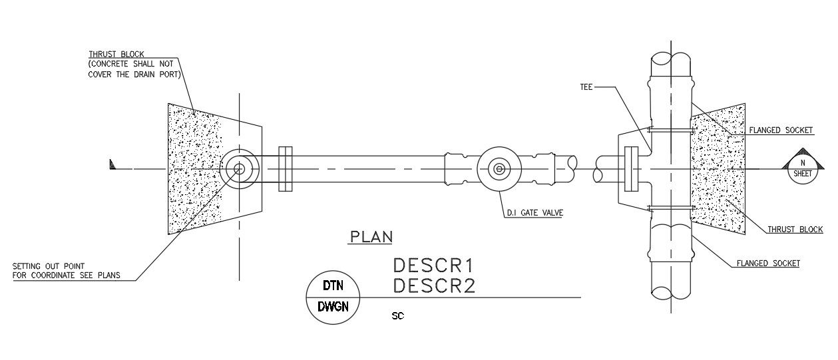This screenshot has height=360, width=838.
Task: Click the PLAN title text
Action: click(371, 237)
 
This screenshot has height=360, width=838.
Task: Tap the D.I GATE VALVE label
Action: click(534, 213)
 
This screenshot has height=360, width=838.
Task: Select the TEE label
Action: click(586, 87)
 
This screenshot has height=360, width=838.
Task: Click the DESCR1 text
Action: click(433, 266)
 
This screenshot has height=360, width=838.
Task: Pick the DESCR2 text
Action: click(434, 286)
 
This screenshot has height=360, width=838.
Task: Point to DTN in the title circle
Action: click(333, 286)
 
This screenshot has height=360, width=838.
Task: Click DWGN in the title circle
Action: click(333, 307)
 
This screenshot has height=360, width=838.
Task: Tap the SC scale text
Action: click(398, 316)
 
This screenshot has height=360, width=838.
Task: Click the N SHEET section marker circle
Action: click(803, 169)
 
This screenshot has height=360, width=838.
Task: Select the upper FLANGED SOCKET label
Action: click(781, 130)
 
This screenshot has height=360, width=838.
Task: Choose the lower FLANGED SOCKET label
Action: click(768, 264)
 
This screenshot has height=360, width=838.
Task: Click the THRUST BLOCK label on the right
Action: click(795, 229)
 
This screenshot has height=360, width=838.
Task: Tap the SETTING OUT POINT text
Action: click(49, 266)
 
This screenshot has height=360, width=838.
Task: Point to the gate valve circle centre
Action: click(499, 169)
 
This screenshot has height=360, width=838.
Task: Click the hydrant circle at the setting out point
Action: click(239, 169)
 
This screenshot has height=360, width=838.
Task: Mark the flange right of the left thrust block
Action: click(286, 169)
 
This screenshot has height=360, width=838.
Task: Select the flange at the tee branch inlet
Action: click(631, 169)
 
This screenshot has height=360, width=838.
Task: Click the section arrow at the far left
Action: click(112, 164)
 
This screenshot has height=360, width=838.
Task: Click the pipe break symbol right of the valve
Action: click(586, 169)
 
